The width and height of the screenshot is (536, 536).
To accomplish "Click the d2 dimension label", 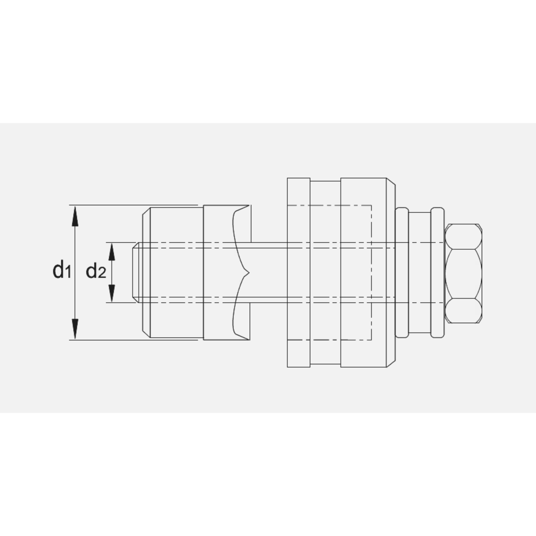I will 96,272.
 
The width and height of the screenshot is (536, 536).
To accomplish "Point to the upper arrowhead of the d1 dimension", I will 75,214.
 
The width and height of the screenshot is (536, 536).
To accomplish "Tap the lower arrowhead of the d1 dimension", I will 75,330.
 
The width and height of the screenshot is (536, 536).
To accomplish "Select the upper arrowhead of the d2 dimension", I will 112,249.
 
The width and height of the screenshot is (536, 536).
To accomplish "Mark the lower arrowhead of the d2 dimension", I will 112,294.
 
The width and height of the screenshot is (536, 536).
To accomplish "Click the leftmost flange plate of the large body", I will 298,272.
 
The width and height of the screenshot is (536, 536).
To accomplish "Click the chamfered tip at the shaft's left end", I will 136,272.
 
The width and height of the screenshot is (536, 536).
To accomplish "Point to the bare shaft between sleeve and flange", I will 268,272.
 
